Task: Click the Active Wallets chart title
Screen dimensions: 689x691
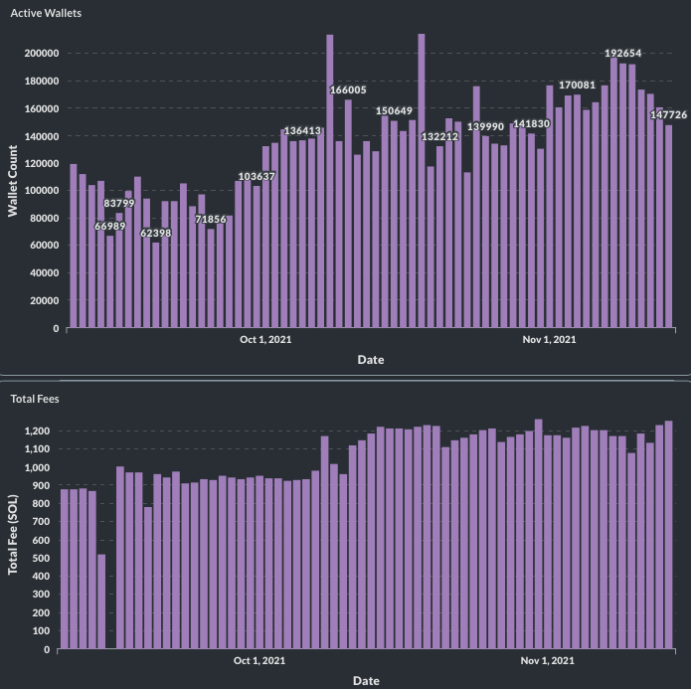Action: tap(45, 15)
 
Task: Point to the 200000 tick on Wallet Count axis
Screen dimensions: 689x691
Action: tap(43, 53)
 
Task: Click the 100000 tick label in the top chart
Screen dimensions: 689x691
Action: tap(43, 190)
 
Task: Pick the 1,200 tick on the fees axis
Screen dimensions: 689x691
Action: tap(36, 431)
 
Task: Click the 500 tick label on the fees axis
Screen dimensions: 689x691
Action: tap(41, 558)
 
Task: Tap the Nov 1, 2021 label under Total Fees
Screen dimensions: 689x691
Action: tap(548, 661)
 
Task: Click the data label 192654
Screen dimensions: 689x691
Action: tap(631, 53)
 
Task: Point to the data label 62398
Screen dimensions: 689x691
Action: tap(155, 233)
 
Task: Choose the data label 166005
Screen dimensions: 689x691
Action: tap(348, 90)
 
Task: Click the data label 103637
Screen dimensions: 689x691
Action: tap(257, 177)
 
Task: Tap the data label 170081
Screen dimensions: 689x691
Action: tap(577, 86)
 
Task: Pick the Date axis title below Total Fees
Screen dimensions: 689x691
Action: tap(366, 681)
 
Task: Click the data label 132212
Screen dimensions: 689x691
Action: tap(440, 136)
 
